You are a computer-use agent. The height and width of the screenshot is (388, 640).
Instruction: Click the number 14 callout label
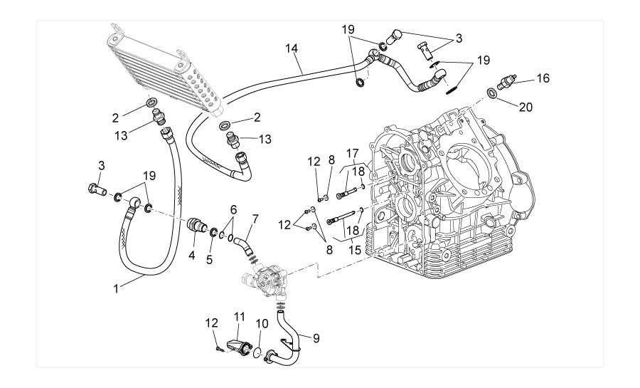292,48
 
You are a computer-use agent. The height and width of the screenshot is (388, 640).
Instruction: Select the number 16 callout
543,78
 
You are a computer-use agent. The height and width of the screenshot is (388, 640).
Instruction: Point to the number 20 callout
526,108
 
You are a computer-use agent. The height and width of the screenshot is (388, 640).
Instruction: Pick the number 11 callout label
239,315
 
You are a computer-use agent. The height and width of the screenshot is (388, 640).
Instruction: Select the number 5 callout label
209,261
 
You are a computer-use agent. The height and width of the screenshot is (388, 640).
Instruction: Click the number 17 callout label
352,153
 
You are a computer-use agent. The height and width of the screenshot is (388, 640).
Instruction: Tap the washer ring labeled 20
491,93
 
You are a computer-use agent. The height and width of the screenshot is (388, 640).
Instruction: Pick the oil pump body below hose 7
267,280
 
